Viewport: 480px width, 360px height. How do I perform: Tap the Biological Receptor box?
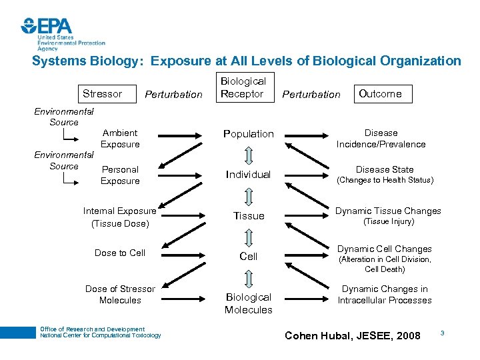tap(243, 88)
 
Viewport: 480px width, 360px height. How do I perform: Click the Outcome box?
tap(380, 94)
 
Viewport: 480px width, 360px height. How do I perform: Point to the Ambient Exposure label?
tap(120, 139)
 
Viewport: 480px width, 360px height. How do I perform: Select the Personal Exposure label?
tap(120, 175)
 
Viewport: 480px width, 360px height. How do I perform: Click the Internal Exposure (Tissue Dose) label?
tap(120, 217)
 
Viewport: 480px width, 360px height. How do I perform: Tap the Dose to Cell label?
tap(120, 253)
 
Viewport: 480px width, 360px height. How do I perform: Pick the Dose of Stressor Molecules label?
tap(120, 295)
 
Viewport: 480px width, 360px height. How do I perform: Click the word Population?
tap(248, 134)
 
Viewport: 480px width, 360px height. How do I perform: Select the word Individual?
tap(248, 175)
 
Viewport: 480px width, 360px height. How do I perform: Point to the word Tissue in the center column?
tap(248, 216)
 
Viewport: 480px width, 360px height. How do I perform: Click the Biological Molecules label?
tap(248, 303)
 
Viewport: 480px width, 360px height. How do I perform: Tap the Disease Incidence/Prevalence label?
tap(381, 139)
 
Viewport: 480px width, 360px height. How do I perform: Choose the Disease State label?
tap(385, 169)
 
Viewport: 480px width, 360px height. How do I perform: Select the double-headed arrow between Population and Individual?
tap(248, 155)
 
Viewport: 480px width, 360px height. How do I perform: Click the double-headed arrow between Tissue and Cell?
tap(248, 237)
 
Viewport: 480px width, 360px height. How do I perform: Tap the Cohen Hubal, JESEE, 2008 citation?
tap(353, 335)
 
